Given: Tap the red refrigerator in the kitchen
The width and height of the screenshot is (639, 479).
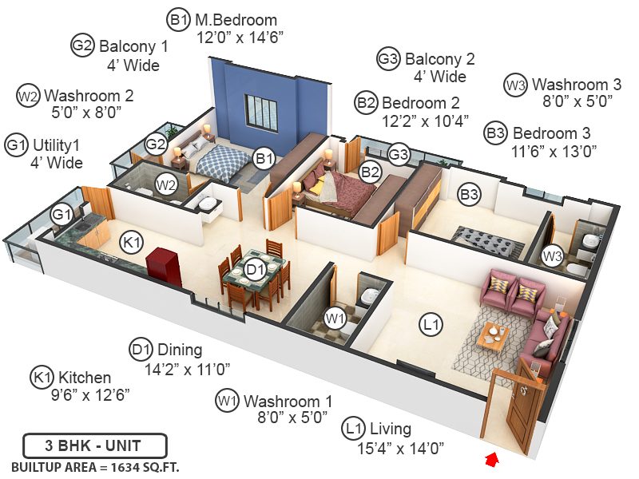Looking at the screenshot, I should (x=165, y=266).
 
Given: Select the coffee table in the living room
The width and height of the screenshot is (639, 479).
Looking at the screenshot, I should (x=492, y=335).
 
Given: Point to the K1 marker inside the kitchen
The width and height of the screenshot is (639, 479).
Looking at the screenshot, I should (x=130, y=242).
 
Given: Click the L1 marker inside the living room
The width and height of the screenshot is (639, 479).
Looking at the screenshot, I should (x=432, y=324).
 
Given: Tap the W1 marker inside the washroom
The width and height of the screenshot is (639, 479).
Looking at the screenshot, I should (x=335, y=318).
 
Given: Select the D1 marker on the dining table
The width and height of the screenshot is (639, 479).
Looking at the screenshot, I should (x=255, y=269).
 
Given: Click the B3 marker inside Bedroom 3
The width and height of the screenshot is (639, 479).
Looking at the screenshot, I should (x=468, y=193).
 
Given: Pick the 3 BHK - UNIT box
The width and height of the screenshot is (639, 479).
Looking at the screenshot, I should (x=94, y=445).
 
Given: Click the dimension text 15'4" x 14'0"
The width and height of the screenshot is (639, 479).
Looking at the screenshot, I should (x=400, y=448).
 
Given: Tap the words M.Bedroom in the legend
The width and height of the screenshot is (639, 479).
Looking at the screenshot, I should (x=236, y=19).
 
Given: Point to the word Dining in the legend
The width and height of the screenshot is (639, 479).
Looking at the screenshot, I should (x=180, y=350).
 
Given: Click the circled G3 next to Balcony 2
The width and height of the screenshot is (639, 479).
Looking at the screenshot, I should (x=388, y=59).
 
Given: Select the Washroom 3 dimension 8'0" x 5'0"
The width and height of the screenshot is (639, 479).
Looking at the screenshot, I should (x=577, y=101).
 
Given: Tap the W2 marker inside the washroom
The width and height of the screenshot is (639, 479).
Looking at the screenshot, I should (x=166, y=185).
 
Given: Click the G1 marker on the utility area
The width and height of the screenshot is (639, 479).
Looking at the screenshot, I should (x=62, y=214).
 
